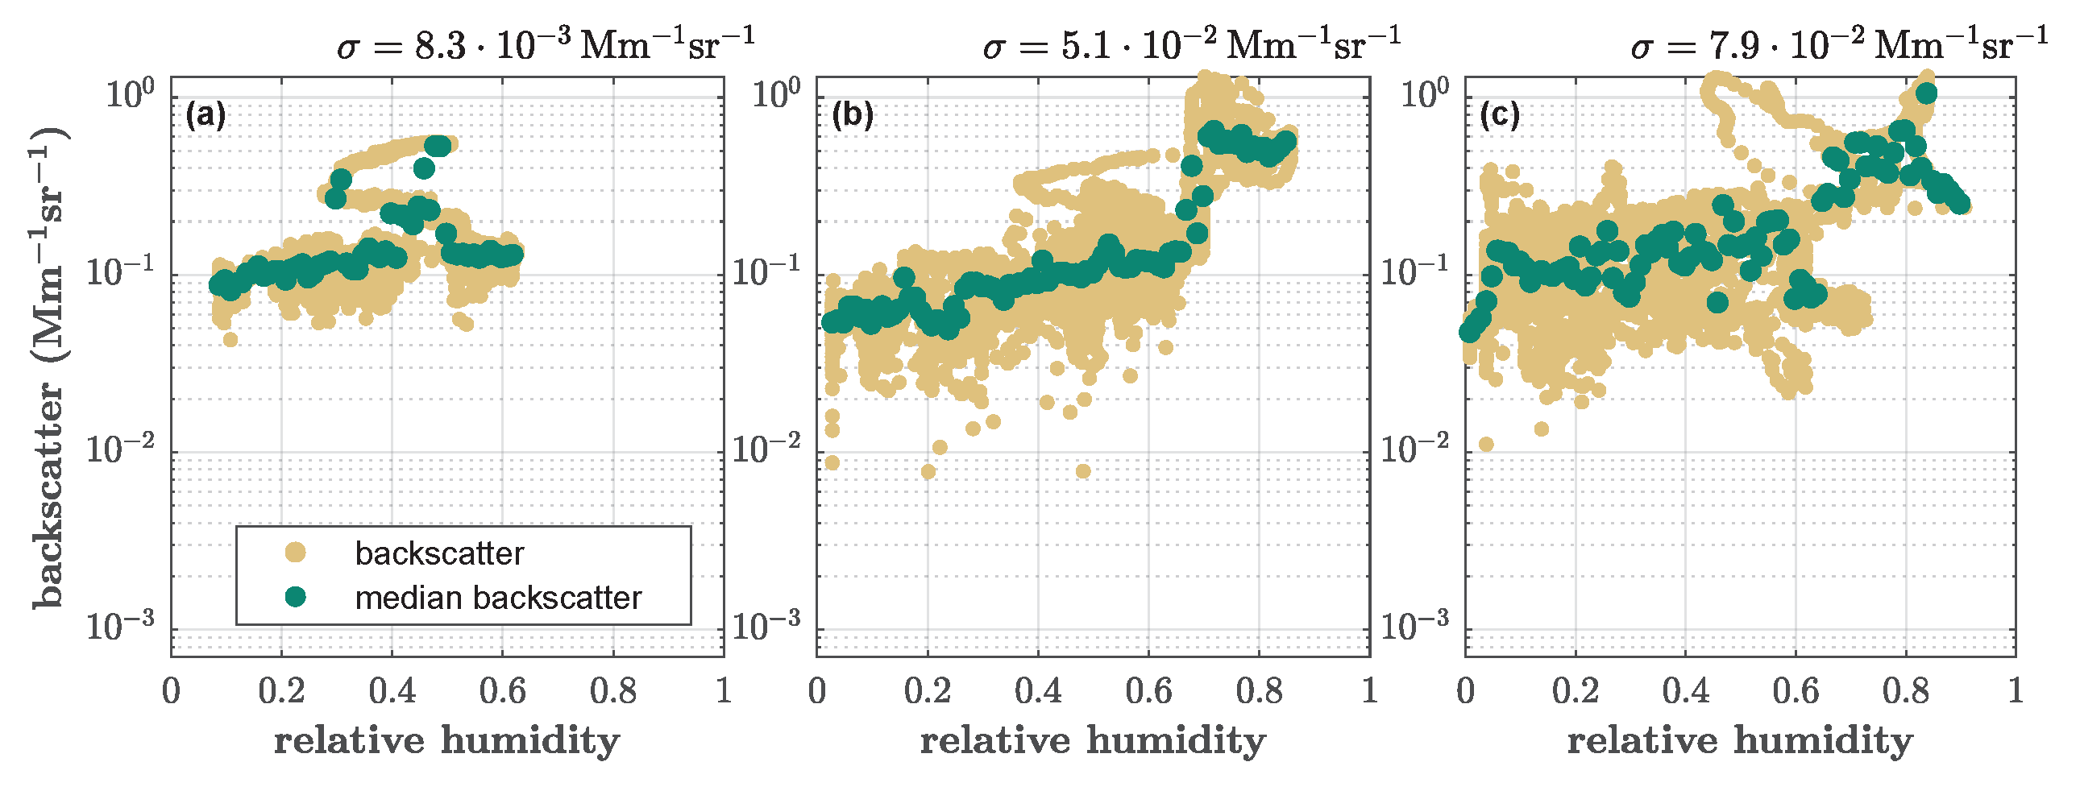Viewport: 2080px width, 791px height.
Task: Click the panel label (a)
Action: click(x=205, y=116)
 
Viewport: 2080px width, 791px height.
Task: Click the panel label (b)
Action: click(x=853, y=116)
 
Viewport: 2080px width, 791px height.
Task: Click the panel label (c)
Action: click(x=1501, y=116)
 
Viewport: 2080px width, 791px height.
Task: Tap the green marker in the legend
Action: click(x=296, y=597)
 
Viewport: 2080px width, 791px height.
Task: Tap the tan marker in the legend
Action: click(x=296, y=553)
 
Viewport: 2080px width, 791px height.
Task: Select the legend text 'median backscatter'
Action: click(x=497, y=598)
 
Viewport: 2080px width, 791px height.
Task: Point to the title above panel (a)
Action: click(x=545, y=44)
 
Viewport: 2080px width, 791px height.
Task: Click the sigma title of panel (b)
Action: click(x=1191, y=44)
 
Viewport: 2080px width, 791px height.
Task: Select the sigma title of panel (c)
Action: click(x=1838, y=44)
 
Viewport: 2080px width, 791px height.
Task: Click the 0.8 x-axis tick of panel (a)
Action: click(x=612, y=691)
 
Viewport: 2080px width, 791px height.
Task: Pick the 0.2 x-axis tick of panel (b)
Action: click(x=928, y=691)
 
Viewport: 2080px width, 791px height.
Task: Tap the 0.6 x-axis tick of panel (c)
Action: click(x=1796, y=691)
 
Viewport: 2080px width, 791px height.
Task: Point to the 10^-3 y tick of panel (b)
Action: click(x=766, y=626)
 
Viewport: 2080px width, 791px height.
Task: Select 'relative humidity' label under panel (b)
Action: click(x=1093, y=741)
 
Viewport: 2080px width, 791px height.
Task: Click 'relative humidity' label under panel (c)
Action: click(x=1740, y=741)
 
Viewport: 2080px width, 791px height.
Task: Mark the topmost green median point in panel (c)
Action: click(x=1926, y=93)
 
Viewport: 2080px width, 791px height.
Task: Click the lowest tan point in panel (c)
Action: click(x=1486, y=445)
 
